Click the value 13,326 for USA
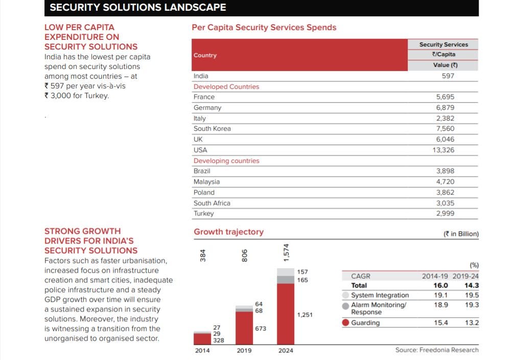[x=444, y=150]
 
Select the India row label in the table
[x=201, y=76]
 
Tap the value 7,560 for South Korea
[x=445, y=129]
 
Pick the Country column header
[x=205, y=55]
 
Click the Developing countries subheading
[x=226, y=161]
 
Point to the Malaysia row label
[x=206, y=182]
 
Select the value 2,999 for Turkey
[x=445, y=213]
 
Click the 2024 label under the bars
[x=286, y=351]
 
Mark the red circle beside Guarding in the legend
[x=346, y=323]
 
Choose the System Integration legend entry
[x=380, y=295]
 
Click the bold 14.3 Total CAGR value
[x=472, y=285]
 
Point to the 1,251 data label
[x=304, y=315]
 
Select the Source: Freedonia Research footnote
[x=437, y=350]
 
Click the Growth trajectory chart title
[x=228, y=232]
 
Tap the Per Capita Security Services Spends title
[x=264, y=28]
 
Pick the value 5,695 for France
[x=445, y=97]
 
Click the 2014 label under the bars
[x=202, y=351]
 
